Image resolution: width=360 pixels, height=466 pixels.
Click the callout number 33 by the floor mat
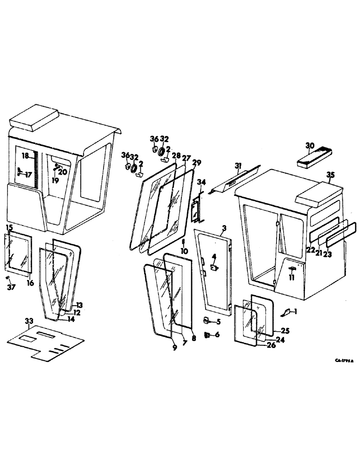point(29,321)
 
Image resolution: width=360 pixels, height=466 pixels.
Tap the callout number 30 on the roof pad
point(310,145)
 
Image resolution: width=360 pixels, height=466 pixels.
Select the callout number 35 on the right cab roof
point(330,175)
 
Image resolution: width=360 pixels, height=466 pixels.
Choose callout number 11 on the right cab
point(291,278)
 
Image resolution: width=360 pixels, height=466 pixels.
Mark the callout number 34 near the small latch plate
point(201,182)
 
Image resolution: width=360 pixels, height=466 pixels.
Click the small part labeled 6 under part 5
point(207,335)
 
